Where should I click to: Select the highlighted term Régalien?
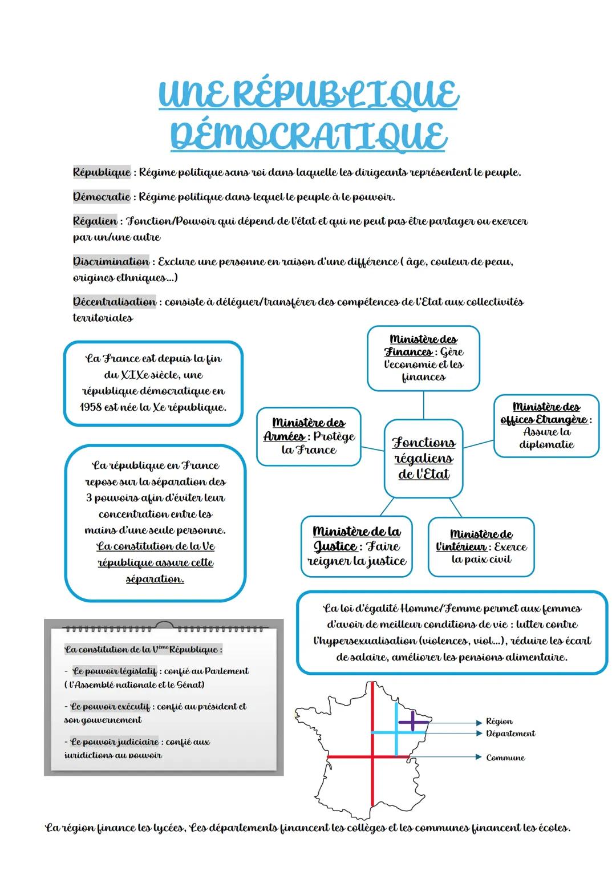pos(95,221)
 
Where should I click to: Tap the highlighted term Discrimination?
pos(111,262)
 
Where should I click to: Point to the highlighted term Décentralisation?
pos(114,302)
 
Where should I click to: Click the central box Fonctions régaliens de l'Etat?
pos(423,458)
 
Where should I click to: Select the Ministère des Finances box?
pos(423,358)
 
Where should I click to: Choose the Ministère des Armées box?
pos(309,436)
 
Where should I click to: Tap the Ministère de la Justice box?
pos(356,546)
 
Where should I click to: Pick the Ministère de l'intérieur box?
pos(481,546)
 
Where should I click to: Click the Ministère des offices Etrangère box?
pos(546,426)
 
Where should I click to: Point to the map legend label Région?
pos(499,722)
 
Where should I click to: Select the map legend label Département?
pos(510,734)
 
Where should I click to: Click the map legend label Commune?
pos(505,757)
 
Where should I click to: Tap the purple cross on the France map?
pos(414,722)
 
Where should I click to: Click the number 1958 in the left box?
pos(91,407)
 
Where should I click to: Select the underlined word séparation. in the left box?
pos(155,578)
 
